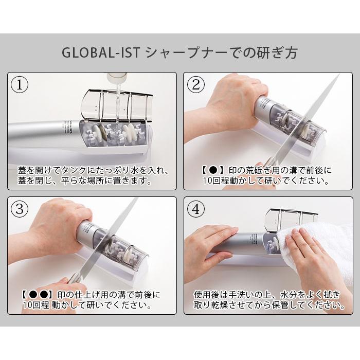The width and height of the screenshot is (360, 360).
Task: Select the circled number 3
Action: point(20,209)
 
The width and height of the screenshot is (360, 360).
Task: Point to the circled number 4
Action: point(195,209)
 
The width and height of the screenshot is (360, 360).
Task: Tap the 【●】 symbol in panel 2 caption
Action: point(211,170)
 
